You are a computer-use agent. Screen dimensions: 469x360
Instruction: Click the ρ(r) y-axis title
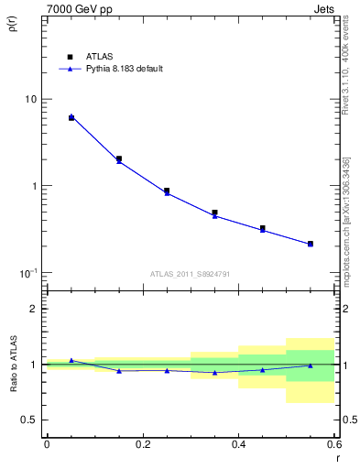click(12, 25)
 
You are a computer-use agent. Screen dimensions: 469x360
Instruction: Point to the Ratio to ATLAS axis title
click(12, 363)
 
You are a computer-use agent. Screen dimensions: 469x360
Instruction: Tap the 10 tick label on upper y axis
click(30, 99)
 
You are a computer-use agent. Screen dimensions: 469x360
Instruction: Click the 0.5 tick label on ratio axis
click(29, 420)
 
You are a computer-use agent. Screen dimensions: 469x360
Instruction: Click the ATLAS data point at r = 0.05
click(71, 118)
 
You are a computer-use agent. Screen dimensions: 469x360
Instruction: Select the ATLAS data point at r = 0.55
click(311, 244)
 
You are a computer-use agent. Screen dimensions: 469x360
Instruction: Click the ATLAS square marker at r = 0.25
click(167, 191)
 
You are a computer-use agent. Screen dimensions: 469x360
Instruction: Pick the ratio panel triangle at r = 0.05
click(71, 360)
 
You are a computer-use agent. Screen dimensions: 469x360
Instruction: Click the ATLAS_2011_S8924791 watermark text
click(190, 272)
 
